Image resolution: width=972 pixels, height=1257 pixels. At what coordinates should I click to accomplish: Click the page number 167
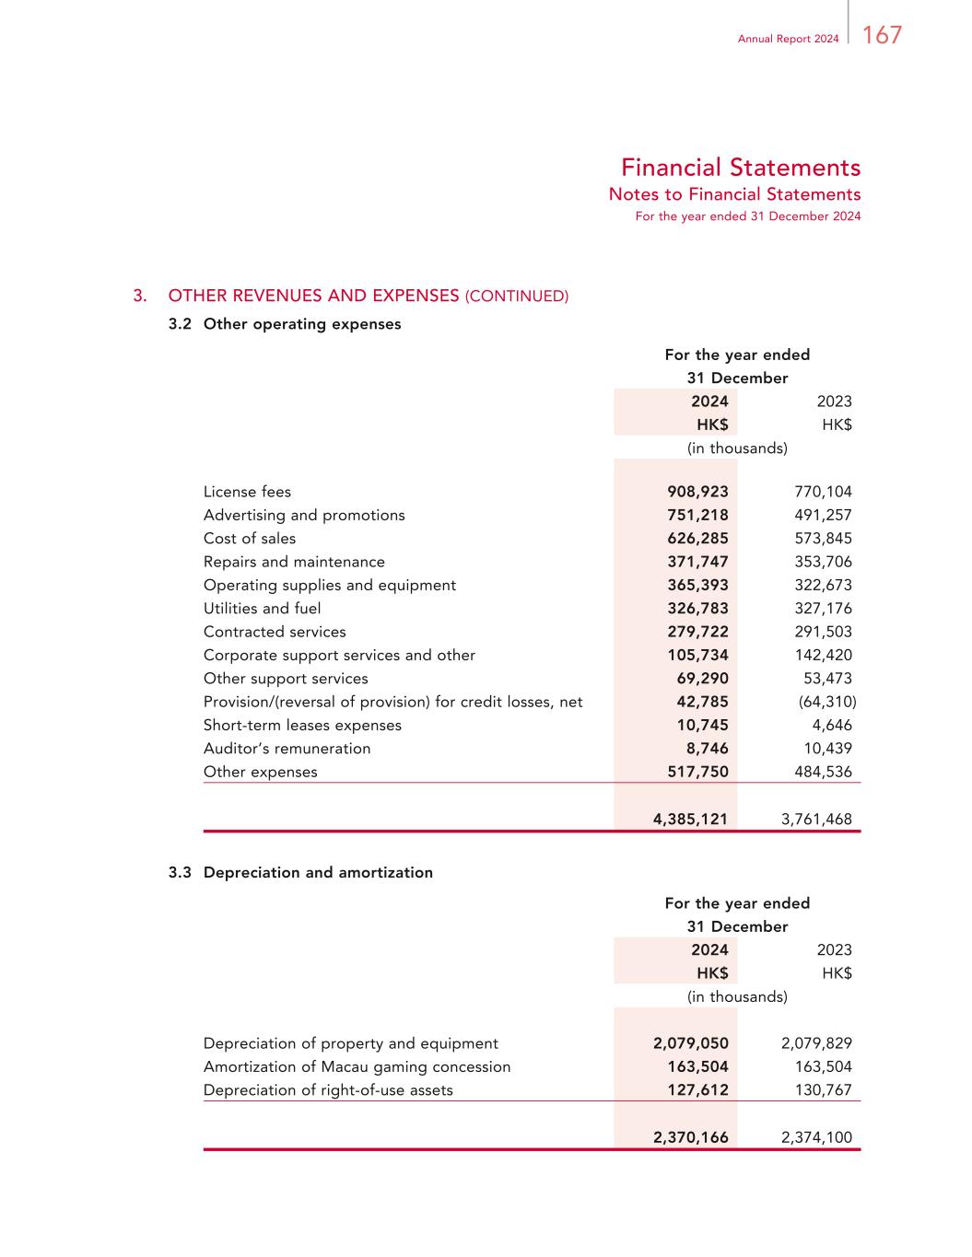882,36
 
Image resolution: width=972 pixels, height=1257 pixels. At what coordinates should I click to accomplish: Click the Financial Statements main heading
740,168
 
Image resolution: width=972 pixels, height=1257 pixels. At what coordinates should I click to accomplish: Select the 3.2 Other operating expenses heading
285,324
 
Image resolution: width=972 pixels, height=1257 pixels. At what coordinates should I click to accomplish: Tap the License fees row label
247,492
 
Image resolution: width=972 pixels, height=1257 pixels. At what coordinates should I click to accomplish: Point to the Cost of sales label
250,539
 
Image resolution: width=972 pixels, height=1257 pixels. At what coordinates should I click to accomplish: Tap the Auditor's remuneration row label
287,749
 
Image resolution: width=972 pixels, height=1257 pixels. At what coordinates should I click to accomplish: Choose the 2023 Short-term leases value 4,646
832,726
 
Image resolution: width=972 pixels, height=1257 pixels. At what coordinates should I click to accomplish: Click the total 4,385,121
690,819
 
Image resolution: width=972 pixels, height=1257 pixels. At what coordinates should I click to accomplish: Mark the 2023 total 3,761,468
816,819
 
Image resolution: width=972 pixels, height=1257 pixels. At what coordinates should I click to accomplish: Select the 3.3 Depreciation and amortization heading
300,872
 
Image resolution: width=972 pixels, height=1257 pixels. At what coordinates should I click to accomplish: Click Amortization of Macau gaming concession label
357,1066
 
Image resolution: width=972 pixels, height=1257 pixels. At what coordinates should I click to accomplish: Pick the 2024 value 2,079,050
690,1043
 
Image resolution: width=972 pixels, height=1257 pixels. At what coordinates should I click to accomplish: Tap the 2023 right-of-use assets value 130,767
823,1090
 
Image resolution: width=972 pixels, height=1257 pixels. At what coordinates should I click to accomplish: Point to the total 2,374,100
816,1137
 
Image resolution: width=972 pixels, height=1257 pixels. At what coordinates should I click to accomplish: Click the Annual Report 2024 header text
788,39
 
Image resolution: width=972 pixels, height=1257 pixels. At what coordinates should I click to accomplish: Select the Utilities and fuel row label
262,609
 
